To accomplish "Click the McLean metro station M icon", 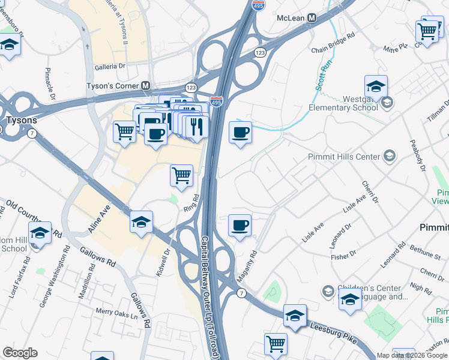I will tap(312, 18).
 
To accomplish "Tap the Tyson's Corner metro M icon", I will tap(145, 86).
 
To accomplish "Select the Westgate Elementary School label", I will tap(343, 103).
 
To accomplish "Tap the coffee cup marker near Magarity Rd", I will tap(240, 226).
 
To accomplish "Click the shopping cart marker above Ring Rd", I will tap(182, 176).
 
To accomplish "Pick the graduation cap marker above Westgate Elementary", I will tap(376, 86).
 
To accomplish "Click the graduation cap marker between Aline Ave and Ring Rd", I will tap(142, 222).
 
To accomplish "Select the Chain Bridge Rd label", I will tap(333, 52).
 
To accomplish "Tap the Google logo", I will tap(20, 353).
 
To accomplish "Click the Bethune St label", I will tap(424, 251).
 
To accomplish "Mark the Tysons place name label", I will tap(21, 120).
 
